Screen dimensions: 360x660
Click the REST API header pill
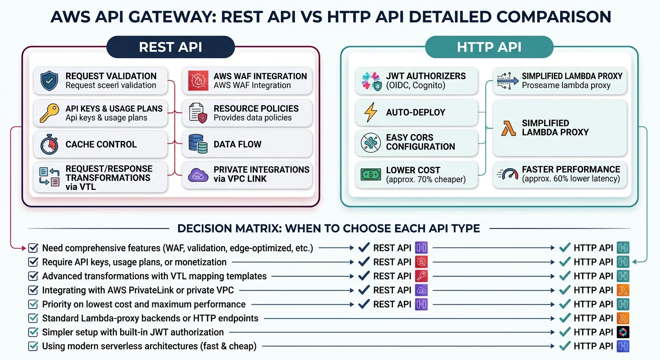171,47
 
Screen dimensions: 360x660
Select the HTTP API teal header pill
489,47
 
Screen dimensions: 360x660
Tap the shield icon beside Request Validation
49,81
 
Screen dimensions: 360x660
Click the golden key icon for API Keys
49,113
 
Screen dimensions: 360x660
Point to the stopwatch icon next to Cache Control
49,144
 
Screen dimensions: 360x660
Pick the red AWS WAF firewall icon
198,81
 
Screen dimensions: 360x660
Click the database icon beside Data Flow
198,144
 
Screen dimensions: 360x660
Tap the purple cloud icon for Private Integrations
198,175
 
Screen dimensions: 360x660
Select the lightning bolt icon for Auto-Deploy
370,112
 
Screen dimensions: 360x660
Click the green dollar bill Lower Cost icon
370,174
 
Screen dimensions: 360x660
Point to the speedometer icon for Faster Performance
508,174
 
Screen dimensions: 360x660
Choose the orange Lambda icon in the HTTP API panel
508,127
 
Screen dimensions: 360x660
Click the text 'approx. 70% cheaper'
426,180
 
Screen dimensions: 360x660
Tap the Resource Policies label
256,108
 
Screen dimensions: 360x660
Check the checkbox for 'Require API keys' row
33,262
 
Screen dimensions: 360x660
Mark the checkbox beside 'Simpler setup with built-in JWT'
33,332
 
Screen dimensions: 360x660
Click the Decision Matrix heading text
329,229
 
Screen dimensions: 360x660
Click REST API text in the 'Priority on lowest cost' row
392,304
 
